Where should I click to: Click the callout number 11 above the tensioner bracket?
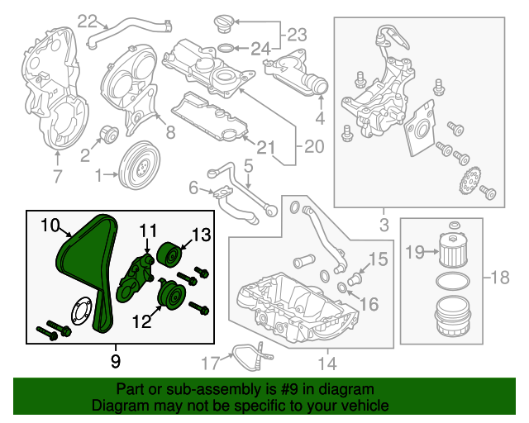coord(147,230)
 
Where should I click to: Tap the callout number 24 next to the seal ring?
coord(260,49)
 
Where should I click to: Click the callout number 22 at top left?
coord(88,20)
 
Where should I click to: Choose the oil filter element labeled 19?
coord(452,250)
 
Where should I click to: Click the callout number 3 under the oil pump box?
coord(384,224)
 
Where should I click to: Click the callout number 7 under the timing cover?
coord(57,175)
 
